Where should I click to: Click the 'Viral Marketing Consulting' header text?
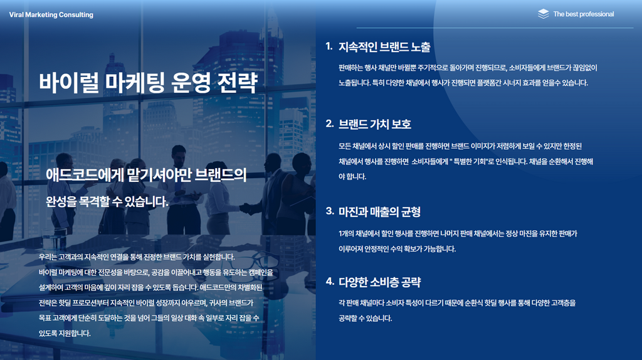click(x=51, y=15)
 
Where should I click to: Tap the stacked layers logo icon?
click(x=544, y=14)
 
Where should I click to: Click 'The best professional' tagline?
click(x=584, y=14)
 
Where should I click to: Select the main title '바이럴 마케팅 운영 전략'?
click(x=148, y=82)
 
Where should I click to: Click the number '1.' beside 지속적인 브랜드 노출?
click(x=329, y=46)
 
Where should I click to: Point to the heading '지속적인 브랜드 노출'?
click(x=384, y=47)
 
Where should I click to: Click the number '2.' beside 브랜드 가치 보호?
click(x=330, y=124)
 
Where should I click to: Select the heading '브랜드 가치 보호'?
click(x=375, y=124)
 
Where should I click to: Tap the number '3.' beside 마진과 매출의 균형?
click(x=330, y=211)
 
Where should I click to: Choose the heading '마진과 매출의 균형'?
click(x=379, y=212)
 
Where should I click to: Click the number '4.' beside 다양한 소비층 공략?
click(x=330, y=281)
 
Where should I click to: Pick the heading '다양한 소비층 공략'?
click(x=379, y=282)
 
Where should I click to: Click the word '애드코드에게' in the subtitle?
click(x=84, y=175)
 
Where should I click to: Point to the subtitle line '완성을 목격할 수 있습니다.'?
click(x=107, y=201)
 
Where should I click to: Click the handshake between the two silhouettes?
click(x=246, y=209)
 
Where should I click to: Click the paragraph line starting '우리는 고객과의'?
click(x=137, y=257)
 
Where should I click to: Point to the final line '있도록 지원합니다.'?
click(x=65, y=333)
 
